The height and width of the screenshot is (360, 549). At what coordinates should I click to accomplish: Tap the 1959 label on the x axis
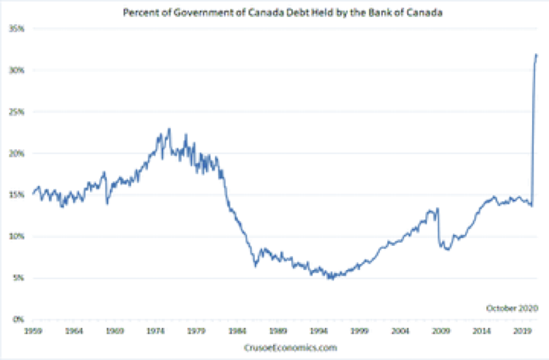tap(33, 331)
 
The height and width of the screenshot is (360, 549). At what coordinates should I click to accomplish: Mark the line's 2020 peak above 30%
tap(536, 55)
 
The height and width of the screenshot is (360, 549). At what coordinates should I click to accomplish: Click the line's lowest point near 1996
tap(332, 279)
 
